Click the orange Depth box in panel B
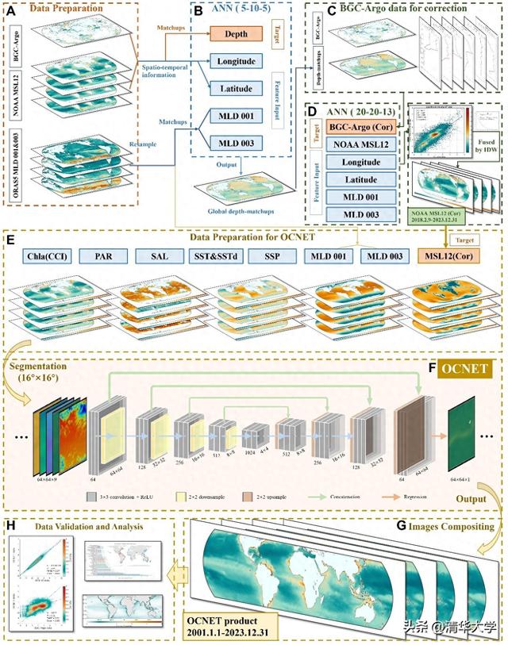click(237, 35)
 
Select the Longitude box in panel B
click(237, 61)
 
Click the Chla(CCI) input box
click(45, 257)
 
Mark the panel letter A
click(13, 13)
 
